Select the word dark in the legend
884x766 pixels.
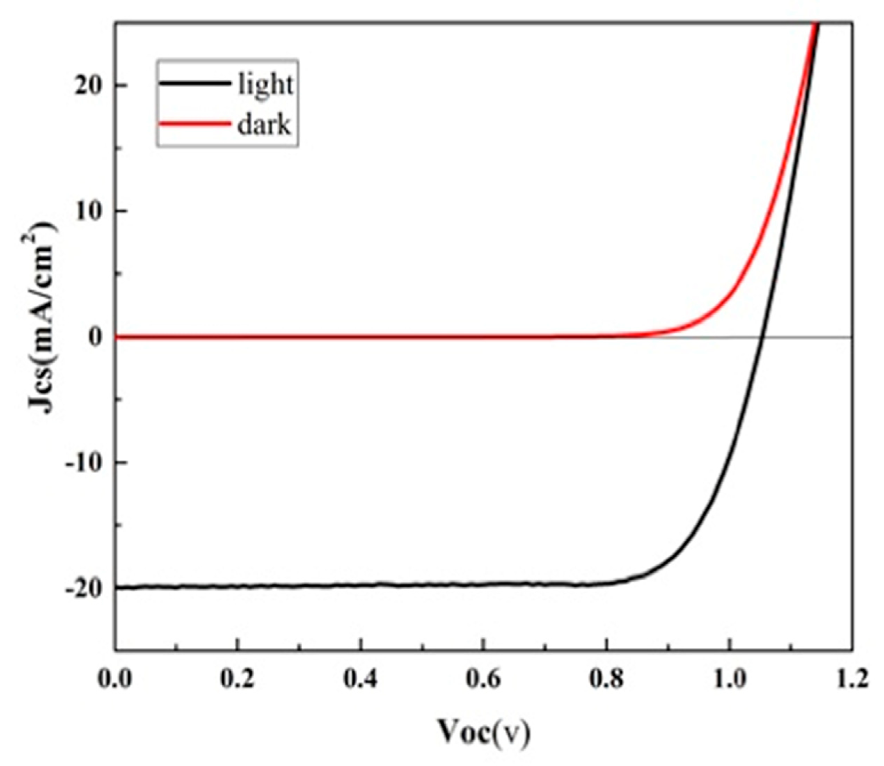pos(264,126)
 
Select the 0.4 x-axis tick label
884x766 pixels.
pos(360,680)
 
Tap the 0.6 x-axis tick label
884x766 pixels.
pos(483,680)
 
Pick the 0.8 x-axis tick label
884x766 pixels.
pos(606,680)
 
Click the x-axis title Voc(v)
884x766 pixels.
pos(483,732)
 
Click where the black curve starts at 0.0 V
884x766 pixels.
pos(117,588)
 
